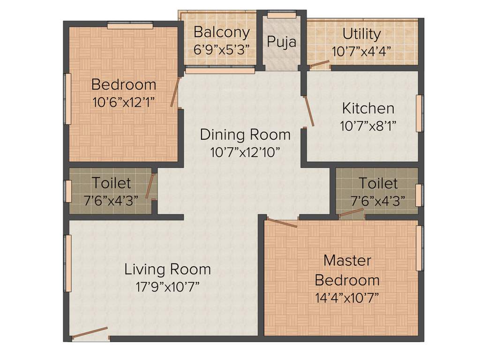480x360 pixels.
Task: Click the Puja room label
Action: tap(282, 42)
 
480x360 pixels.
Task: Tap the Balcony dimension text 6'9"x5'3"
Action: tap(221, 49)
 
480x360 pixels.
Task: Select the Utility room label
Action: tap(361, 34)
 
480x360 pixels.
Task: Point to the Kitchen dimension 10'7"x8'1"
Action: tap(368, 126)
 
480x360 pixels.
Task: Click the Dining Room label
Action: tap(245, 135)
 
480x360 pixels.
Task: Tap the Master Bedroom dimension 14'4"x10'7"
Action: tap(347, 298)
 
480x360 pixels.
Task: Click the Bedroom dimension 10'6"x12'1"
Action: tap(124, 102)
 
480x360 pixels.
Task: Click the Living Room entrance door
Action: tap(90, 332)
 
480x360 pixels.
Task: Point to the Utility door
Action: tap(320, 64)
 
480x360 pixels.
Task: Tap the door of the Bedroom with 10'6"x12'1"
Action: tap(175, 92)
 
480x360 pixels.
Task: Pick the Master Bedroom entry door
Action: tap(282, 223)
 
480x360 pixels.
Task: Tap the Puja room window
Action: tap(282, 15)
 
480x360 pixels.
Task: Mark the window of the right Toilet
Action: tap(419, 195)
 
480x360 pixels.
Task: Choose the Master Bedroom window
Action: tap(420, 248)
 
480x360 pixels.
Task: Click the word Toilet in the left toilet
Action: tap(111, 182)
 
